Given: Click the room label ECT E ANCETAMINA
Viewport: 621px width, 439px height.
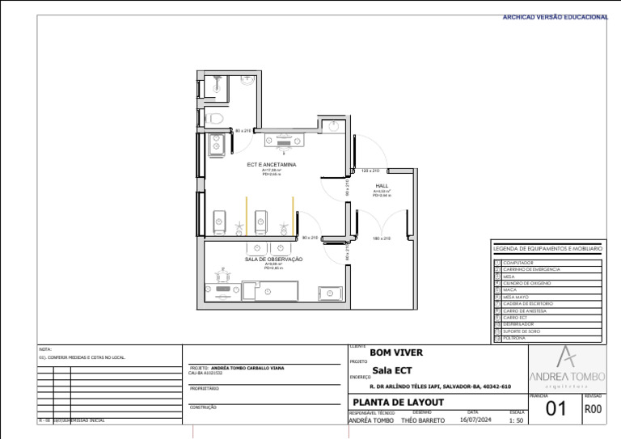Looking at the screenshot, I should (272, 164).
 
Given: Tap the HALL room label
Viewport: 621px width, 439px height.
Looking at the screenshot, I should (382, 186).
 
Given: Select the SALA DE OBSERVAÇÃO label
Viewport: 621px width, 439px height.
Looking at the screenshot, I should (273, 260).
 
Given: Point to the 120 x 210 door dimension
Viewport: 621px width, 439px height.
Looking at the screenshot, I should (370, 171).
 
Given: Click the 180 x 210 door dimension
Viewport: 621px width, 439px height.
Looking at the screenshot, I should (382, 238).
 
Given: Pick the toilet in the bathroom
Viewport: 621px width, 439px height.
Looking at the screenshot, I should (213, 120).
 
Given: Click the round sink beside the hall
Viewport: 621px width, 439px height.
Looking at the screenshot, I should (334, 125).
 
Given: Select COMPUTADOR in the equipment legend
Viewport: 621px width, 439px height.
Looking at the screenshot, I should (518, 263).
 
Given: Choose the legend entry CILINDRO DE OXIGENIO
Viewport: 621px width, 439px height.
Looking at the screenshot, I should (527, 283).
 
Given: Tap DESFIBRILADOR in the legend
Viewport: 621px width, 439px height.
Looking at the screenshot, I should (520, 324).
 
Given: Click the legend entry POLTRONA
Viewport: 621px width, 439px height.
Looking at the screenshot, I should (515, 338).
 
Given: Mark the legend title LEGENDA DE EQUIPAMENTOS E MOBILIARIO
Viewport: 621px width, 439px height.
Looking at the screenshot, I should (547, 249).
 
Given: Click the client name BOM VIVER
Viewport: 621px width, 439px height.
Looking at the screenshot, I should (396, 353).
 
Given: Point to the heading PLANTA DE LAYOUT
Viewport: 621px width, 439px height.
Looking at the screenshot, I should (399, 403).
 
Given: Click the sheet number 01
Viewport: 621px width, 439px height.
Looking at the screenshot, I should (556, 409).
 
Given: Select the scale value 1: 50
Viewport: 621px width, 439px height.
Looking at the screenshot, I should (517, 421).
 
